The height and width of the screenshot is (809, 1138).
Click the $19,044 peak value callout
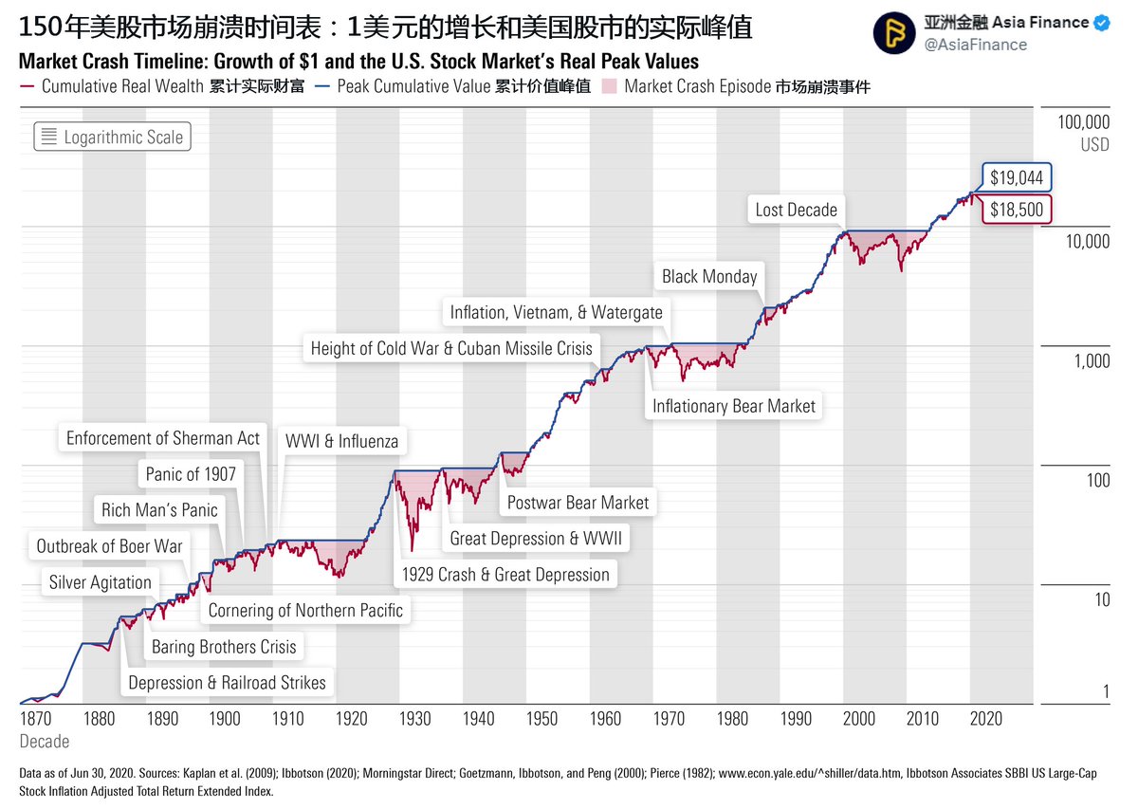(x=1016, y=177)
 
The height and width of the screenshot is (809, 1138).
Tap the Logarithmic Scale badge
(x=113, y=138)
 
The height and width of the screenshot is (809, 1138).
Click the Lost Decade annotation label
(x=796, y=210)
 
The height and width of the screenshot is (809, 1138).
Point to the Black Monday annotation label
(x=709, y=276)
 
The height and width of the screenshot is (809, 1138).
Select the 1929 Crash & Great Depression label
(x=505, y=574)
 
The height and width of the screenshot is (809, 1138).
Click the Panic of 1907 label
(x=191, y=473)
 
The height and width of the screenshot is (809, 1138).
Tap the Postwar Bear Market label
(x=578, y=502)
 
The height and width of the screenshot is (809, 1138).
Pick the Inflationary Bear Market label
(x=733, y=406)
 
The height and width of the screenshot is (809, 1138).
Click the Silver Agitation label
(x=101, y=582)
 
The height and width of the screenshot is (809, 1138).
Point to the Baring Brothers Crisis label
(x=224, y=647)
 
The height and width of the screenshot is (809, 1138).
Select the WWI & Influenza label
(x=341, y=441)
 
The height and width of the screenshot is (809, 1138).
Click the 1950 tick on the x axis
(x=541, y=719)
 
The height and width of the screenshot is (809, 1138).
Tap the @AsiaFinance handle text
(x=975, y=45)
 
